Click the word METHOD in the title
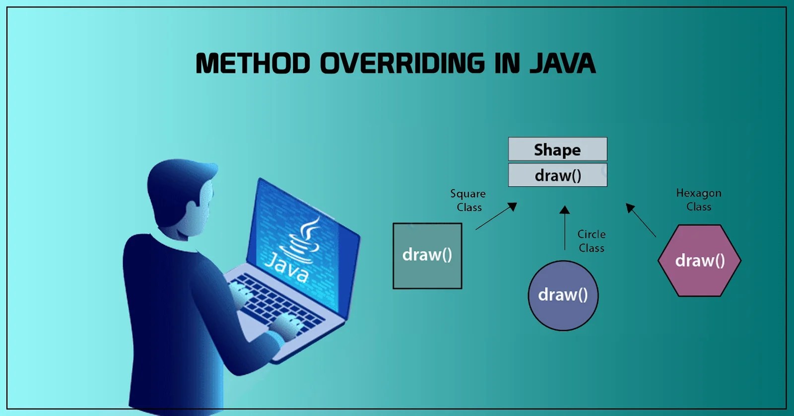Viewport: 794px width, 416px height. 253,64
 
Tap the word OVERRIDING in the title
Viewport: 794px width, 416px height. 402,64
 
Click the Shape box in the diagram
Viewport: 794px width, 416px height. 557,149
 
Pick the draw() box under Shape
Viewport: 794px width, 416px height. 557,175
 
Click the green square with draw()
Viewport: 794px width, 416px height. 427,256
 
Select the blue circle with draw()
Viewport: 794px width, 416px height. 563,295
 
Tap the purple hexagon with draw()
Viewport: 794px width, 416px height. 699,261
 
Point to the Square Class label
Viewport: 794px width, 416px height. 468,200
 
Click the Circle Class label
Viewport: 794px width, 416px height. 592,241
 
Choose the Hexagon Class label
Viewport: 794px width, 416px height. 699,200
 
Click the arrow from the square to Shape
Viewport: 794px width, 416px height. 496,216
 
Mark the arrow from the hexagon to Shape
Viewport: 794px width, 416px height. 641,220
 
